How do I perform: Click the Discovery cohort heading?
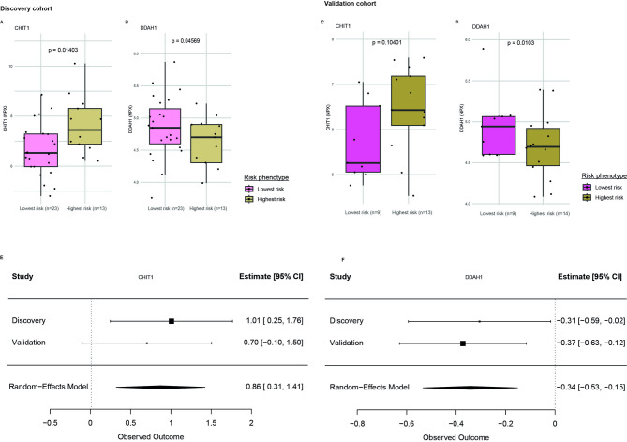tap(26, 8)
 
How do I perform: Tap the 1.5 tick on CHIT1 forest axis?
tap(211, 424)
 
